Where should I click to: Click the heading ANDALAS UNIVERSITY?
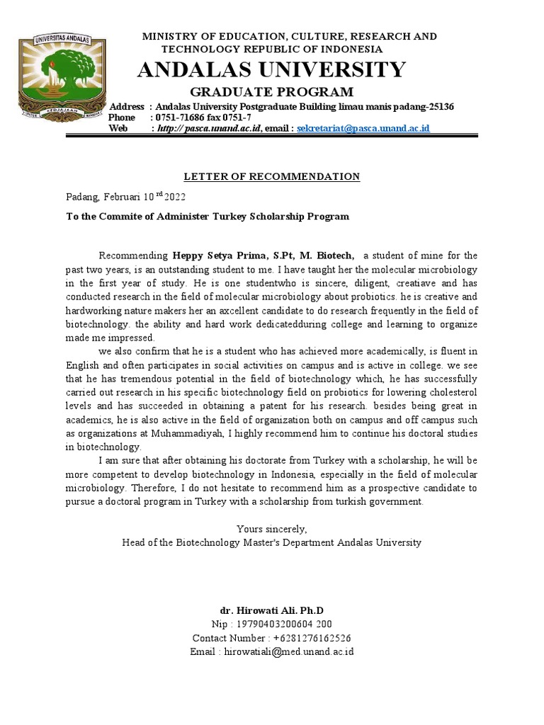pyautogui.click(x=271, y=69)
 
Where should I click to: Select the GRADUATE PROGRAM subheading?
pyautogui.click(x=272, y=92)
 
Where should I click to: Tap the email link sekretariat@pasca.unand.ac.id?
pyautogui.click(x=363, y=128)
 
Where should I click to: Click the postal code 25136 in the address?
pyautogui.click(x=439, y=106)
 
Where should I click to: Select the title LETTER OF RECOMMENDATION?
pyautogui.click(x=272, y=176)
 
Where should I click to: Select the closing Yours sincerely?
pyautogui.click(x=272, y=529)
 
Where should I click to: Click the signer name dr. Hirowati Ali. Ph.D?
pyautogui.click(x=272, y=610)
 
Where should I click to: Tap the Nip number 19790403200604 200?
pyautogui.click(x=286, y=624)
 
